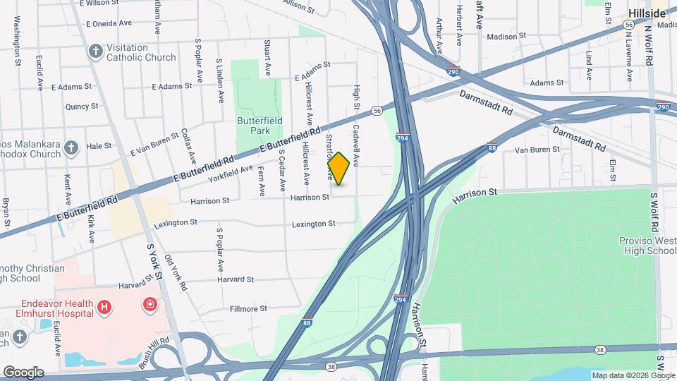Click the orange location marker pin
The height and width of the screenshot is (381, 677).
tap(338, 169)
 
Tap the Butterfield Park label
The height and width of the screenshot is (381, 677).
tap(260, 126)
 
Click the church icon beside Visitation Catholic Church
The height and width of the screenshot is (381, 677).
tap(95, 52)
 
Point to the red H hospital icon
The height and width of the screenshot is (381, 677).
tap(104, 307)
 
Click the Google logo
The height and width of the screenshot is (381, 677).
tap(23, 372)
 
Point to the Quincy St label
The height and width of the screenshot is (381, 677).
tap(81, 106)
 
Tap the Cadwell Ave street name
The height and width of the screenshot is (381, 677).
tap(357, 146)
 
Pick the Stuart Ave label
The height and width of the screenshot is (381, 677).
tap(267, 59)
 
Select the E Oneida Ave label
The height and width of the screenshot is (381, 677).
tap(109, 23)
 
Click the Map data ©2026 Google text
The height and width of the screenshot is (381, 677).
tap(633, 375)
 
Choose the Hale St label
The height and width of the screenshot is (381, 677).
tap(99, 146)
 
